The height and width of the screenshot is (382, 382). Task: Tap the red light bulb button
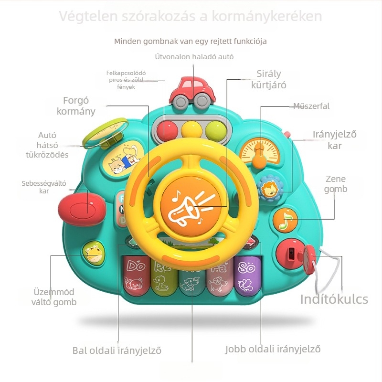(x=167, y=129)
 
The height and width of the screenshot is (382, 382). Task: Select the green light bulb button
(x=215, y=129)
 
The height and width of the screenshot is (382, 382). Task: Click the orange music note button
(x=286, y=219)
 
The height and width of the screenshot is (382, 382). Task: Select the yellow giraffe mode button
(x=92, y=252)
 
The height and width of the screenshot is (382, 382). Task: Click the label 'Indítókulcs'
(x=334, y=299)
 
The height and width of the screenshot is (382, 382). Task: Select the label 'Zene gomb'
(x=336, y=184)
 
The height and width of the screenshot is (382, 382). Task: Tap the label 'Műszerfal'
(x=311, y=106)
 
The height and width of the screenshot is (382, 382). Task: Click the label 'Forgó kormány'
(x=76, y=106)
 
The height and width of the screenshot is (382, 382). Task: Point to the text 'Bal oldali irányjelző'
(x=117, y=350)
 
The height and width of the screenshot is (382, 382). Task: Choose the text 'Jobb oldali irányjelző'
(x=273, y=349)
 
